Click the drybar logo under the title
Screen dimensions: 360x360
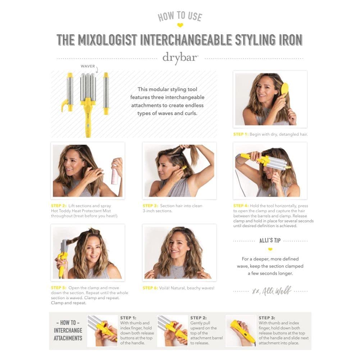click(180, 58)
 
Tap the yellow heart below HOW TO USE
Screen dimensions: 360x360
click(180, 25)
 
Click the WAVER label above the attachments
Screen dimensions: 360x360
click(88, 66)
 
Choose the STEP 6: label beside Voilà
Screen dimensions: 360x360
click(150, 288)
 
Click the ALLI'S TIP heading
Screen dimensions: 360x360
click(270, 240)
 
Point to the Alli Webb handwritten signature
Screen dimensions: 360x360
click(272, 291)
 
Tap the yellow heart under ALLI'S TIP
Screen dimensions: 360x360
click(270, 249)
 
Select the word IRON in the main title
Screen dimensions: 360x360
click(291, 40)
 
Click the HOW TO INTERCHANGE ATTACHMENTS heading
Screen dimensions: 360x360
click(68, 331)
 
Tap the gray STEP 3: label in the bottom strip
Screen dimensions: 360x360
click(267, 318)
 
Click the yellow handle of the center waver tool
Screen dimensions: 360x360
click(88, 119)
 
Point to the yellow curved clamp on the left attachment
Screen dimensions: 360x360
click(64, 106)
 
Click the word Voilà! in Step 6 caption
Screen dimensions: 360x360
click(164, 288)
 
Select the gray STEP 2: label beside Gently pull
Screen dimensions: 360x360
click(199, 318)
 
